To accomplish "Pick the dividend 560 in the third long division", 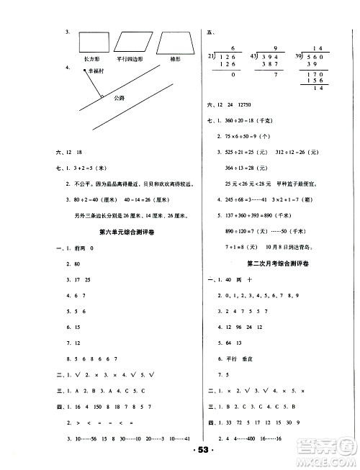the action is point(320,56).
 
